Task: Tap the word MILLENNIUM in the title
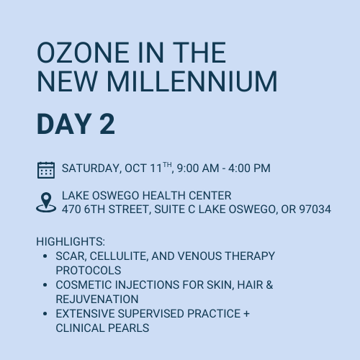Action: (192, 81)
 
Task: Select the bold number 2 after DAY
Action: (107, 125)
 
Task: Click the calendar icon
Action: (46, 170)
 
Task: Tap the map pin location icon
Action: (46, 202)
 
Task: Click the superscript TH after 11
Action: (167, 165)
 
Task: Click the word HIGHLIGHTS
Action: (71, 241)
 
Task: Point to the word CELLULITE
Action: (119, 256)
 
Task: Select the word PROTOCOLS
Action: (89, 271)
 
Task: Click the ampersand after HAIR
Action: (269, 285)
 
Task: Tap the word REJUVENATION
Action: (97, 300)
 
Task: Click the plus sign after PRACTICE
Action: (246, 314)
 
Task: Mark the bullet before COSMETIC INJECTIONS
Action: (45, 285)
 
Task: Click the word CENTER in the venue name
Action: (210, 196)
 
